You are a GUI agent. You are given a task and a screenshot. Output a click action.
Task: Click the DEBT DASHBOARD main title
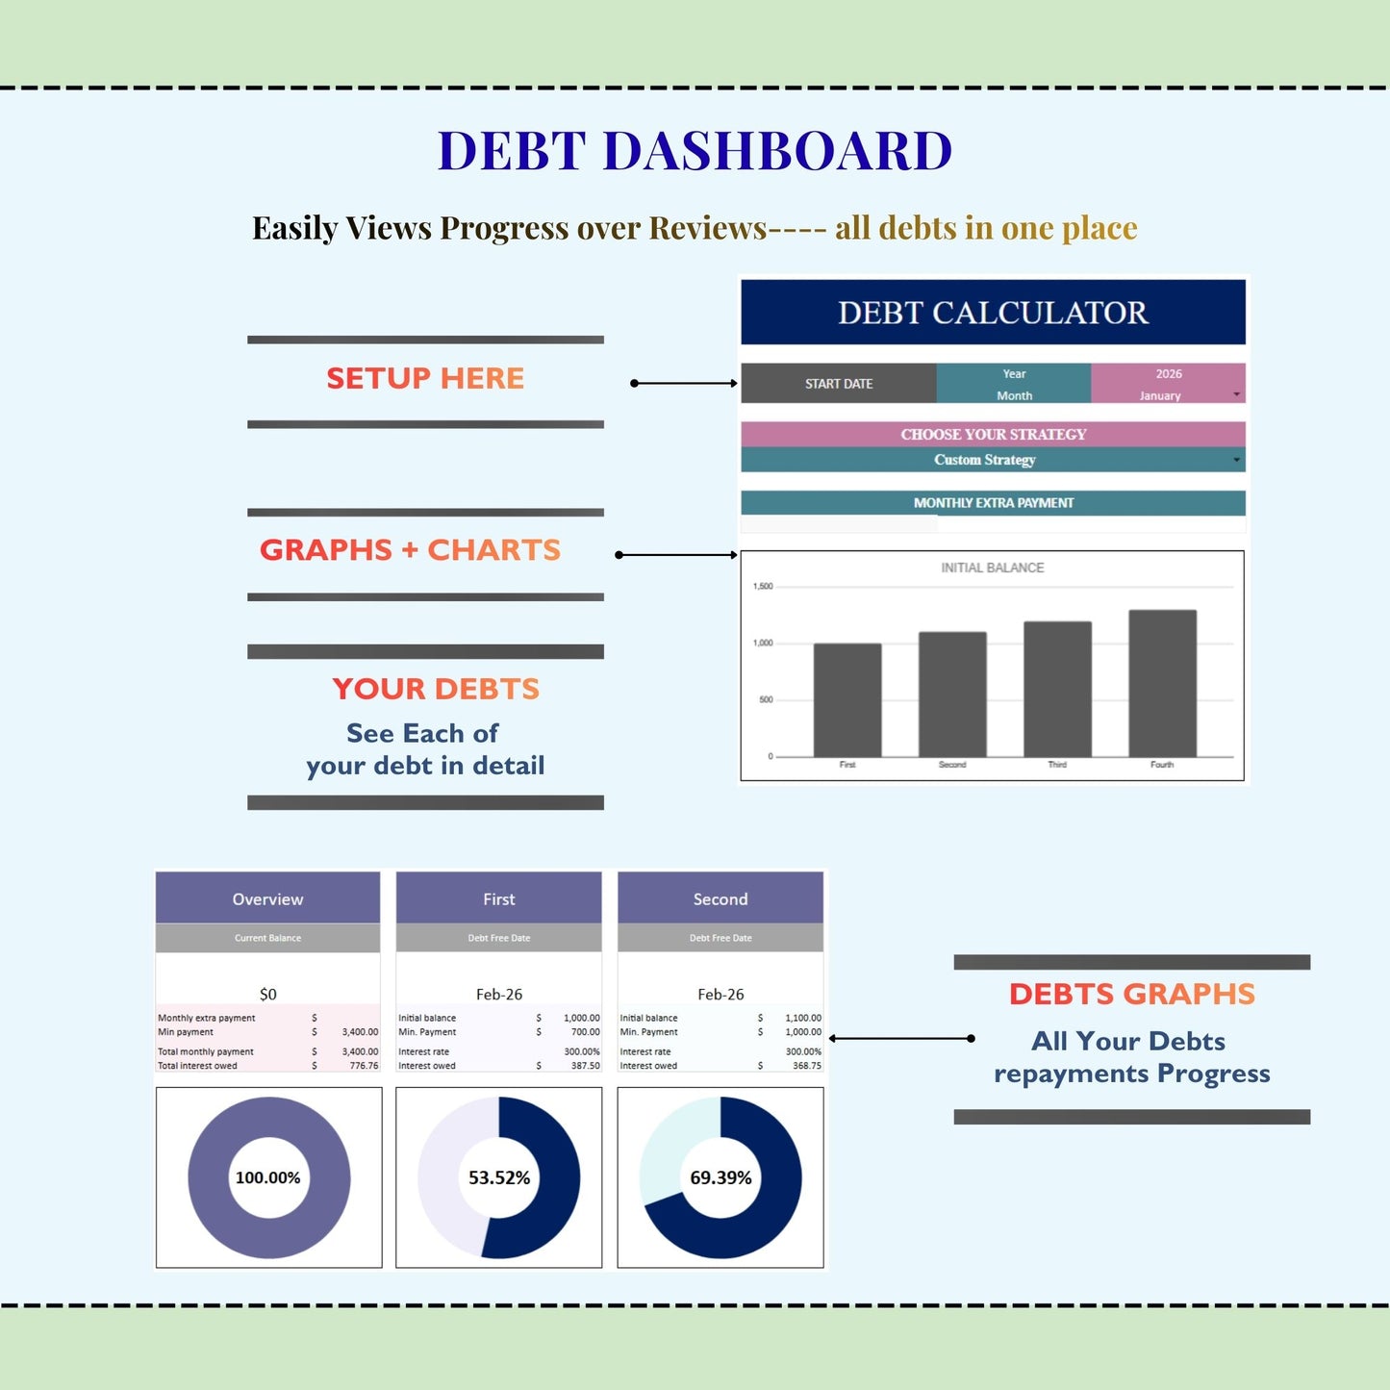click(695, 151)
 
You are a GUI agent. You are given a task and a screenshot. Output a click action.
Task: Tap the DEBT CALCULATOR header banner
click(993, 313)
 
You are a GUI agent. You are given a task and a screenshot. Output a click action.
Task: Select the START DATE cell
click(838, 384)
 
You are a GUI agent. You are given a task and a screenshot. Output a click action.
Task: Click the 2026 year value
click(1168, 374)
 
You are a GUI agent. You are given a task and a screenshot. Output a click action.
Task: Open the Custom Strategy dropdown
click(992, 460)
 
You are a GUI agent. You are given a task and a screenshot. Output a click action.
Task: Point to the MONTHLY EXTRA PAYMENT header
click(993, 503)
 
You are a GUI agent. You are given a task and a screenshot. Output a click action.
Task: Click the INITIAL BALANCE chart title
click(992, 569)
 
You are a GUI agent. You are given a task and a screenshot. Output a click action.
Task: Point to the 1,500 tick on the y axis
click(763, 586)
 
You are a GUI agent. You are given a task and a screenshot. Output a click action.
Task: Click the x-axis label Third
click(1057, 765)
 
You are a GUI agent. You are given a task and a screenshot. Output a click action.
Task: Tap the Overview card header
click(267, 899)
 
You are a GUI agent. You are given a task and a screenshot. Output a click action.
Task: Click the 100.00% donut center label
click(267, 1177)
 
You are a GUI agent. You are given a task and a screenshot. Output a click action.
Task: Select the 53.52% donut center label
click(498, 1177)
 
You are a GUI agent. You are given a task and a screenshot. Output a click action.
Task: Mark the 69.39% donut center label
click(720, 1177)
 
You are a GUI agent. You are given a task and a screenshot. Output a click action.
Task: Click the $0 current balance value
click(267, 995)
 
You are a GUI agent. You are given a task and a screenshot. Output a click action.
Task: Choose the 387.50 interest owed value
click(585, 1066)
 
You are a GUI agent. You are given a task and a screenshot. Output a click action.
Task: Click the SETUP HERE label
click(425, 379)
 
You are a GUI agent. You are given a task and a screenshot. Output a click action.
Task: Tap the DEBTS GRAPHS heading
click(1131, 995)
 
